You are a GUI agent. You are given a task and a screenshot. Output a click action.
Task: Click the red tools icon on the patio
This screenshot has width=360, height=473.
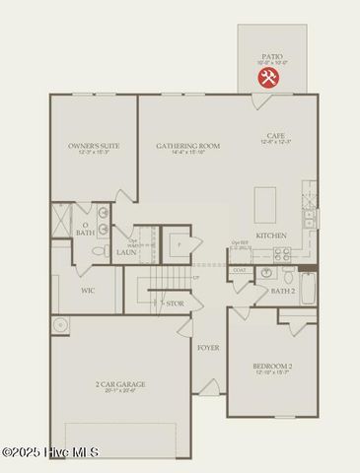[x=268, y=77]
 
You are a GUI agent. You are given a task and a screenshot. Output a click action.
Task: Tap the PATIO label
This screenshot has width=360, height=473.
[x=271, y=57]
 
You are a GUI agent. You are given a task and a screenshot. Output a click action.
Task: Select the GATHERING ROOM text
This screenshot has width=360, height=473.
[x=187, y=146]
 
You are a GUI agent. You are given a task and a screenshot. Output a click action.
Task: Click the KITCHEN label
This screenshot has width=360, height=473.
[x=271, y=236]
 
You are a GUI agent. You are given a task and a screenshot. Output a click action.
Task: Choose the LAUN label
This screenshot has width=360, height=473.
[x=125, y=252]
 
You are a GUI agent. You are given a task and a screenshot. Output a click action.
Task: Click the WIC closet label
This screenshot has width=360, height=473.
[x=87, y=291]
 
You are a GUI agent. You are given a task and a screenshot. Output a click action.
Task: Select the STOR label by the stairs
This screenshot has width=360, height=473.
[x=176, y=304]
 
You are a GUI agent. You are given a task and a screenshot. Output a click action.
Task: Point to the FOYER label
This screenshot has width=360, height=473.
[x=208, y=348]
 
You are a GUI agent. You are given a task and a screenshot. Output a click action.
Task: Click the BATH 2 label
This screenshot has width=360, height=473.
[x=283, y=291]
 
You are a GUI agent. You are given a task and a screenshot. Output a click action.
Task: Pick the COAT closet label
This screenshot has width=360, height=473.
[x=240, y=270]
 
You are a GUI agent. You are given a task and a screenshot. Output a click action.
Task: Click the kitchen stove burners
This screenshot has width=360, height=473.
[x=283, y=252]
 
